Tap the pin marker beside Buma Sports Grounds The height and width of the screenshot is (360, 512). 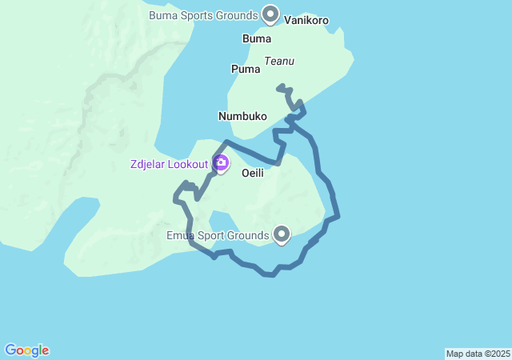(270, 14)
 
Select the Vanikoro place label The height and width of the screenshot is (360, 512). (306, 21)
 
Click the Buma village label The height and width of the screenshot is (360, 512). (256, 38)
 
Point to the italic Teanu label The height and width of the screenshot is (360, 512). (279, 60)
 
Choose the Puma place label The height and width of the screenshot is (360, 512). (246, 69)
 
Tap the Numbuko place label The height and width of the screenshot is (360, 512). (242, 116)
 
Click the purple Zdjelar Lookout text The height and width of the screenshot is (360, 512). (170, 166)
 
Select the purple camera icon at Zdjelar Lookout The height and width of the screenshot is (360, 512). (221, 165)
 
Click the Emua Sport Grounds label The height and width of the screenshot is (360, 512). (218, 235)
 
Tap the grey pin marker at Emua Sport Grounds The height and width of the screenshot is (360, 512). (282, 234)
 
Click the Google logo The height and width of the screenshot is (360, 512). (27, 350)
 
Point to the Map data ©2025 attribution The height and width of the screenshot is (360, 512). (478, 354)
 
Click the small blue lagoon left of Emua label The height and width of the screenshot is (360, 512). (221, 222)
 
